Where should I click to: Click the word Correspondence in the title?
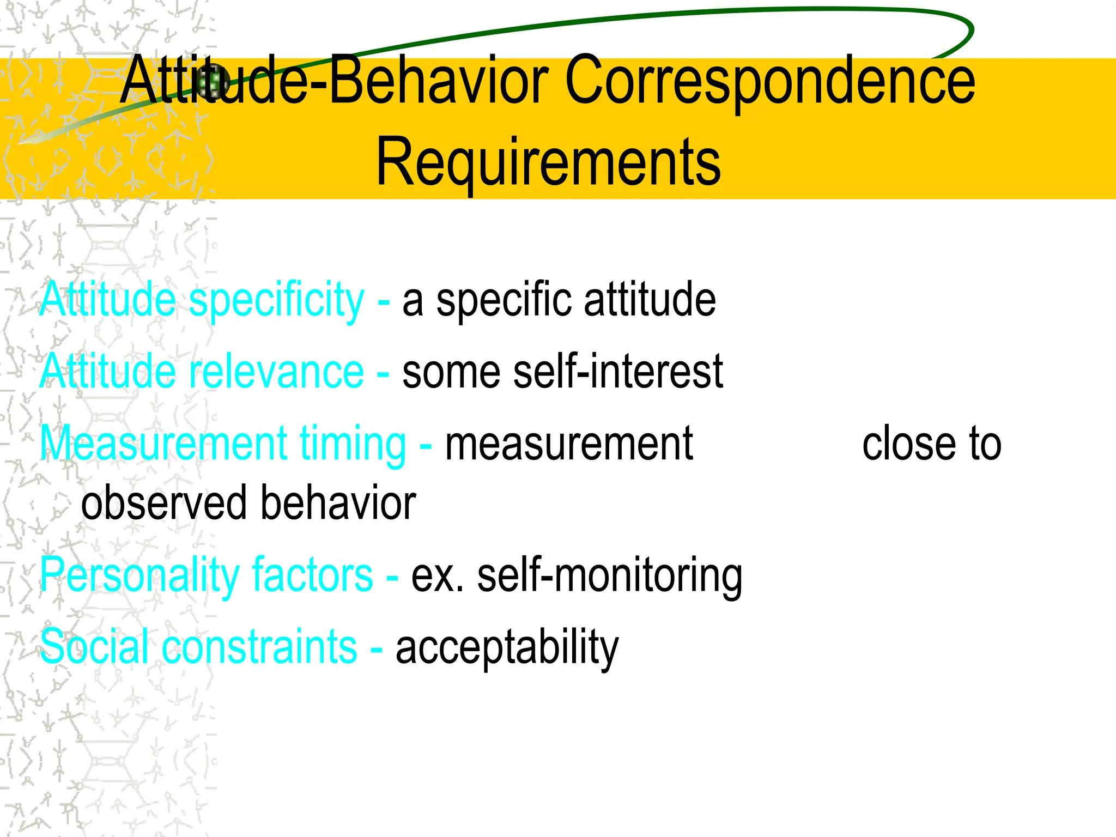pos(770,82)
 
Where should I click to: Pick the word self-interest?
pos(618,372)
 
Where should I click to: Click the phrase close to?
pos(931,444)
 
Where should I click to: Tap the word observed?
pos(165,502)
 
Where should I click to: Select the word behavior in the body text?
pos(338,502)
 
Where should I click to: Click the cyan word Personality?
pos(139,576)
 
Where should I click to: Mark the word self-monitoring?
pos(610,576)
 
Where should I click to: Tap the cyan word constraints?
pos(260,647)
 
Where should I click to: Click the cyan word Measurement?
pos(163,444)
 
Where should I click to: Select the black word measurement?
pos(569,444)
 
